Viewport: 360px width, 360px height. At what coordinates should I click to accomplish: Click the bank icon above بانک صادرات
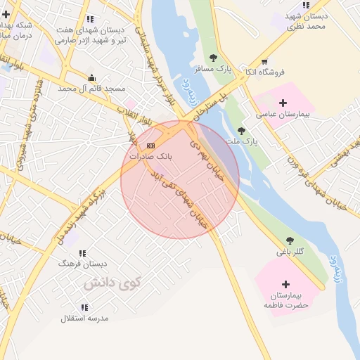(x=150, y=146)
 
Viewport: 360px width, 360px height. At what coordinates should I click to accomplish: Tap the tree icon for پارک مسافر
(x=213, y=58)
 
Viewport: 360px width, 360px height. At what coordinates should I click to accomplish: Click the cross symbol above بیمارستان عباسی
(x=283, y=103)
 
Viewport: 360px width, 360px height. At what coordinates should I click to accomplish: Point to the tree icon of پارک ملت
(x=241, y=131)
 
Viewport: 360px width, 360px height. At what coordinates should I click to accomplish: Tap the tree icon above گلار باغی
(x=290, y=240)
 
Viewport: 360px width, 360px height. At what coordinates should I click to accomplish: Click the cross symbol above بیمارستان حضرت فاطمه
(x=285, y=284)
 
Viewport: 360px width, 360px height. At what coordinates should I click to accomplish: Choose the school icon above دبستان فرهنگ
(x=83, y=253)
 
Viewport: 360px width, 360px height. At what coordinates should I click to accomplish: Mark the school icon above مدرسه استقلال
(x=85, y=307)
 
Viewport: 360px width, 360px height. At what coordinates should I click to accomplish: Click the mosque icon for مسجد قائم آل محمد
(x=91, y=78)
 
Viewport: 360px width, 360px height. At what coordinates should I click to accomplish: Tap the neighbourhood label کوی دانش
(x=112, y=283)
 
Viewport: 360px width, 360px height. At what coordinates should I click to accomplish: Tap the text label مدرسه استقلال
(x=84, y=319)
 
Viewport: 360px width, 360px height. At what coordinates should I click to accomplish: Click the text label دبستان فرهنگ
(x=83, y=264)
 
